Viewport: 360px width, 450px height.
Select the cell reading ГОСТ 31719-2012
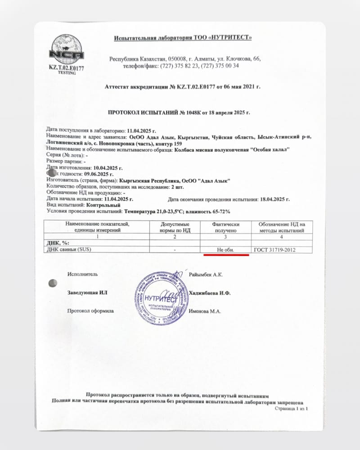[275, 249]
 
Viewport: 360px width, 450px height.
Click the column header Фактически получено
[226, 227]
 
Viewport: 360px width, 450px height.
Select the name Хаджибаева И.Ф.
[211, 293]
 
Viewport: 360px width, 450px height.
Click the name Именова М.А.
[206, 311]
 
